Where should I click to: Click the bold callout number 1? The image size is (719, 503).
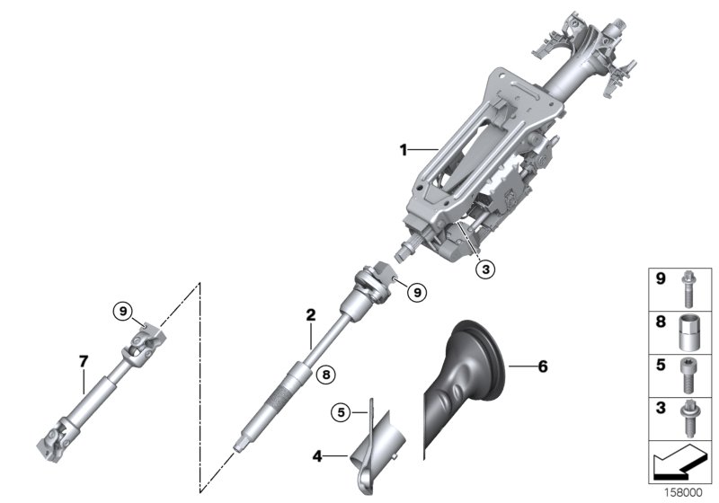click(404, 148)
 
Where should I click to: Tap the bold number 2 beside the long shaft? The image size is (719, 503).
click(310, 315)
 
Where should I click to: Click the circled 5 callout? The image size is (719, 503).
click(339, 412)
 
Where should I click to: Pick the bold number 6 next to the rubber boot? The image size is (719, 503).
click(542, 366)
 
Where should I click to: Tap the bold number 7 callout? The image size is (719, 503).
click(83, 361)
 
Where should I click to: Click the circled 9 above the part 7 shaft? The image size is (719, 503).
click(122, 311)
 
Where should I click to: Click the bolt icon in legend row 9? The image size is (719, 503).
click(688, 289)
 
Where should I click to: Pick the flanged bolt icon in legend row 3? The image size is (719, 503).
click(688, 418)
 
